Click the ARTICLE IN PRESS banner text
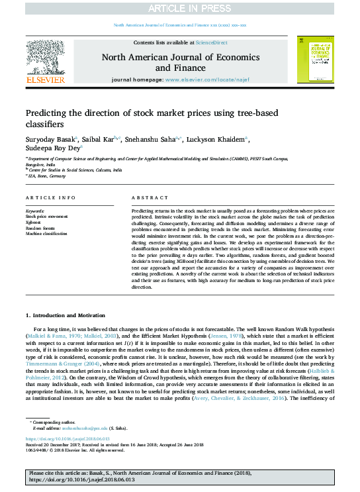coord(180,8)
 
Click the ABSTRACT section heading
coord(146,198)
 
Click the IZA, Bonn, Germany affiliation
coord(48,177)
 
